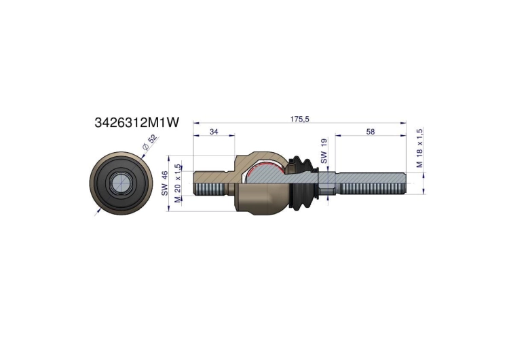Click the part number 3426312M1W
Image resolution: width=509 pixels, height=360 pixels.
(136, 122)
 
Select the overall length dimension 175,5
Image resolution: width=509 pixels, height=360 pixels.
(299, 120)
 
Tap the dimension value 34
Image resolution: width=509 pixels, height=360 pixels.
(214, 132)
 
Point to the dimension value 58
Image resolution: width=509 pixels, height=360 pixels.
(371, 132)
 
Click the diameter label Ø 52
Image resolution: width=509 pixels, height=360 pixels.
(150, 142)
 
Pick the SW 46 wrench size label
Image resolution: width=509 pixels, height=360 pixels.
(165, 183)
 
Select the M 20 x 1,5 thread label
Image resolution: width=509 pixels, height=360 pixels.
(177, 183)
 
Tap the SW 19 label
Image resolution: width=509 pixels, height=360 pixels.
(324, 150)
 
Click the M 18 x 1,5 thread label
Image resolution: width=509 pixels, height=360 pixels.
(419, 148)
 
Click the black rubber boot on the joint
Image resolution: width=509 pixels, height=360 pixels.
(303, 184)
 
